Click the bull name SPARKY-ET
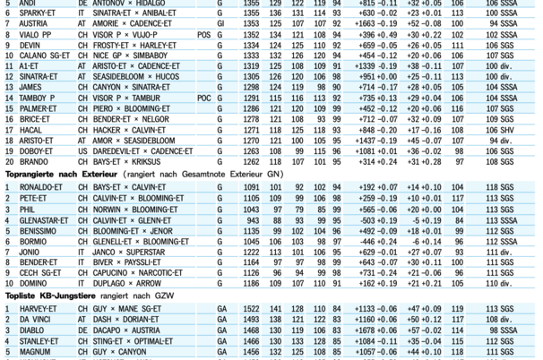(37, 14)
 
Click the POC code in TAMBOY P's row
(203, 98)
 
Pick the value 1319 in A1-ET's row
(251, 65)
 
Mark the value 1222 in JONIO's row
(251, 252)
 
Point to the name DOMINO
(30, 284)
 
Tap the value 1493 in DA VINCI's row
(251, 318)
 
